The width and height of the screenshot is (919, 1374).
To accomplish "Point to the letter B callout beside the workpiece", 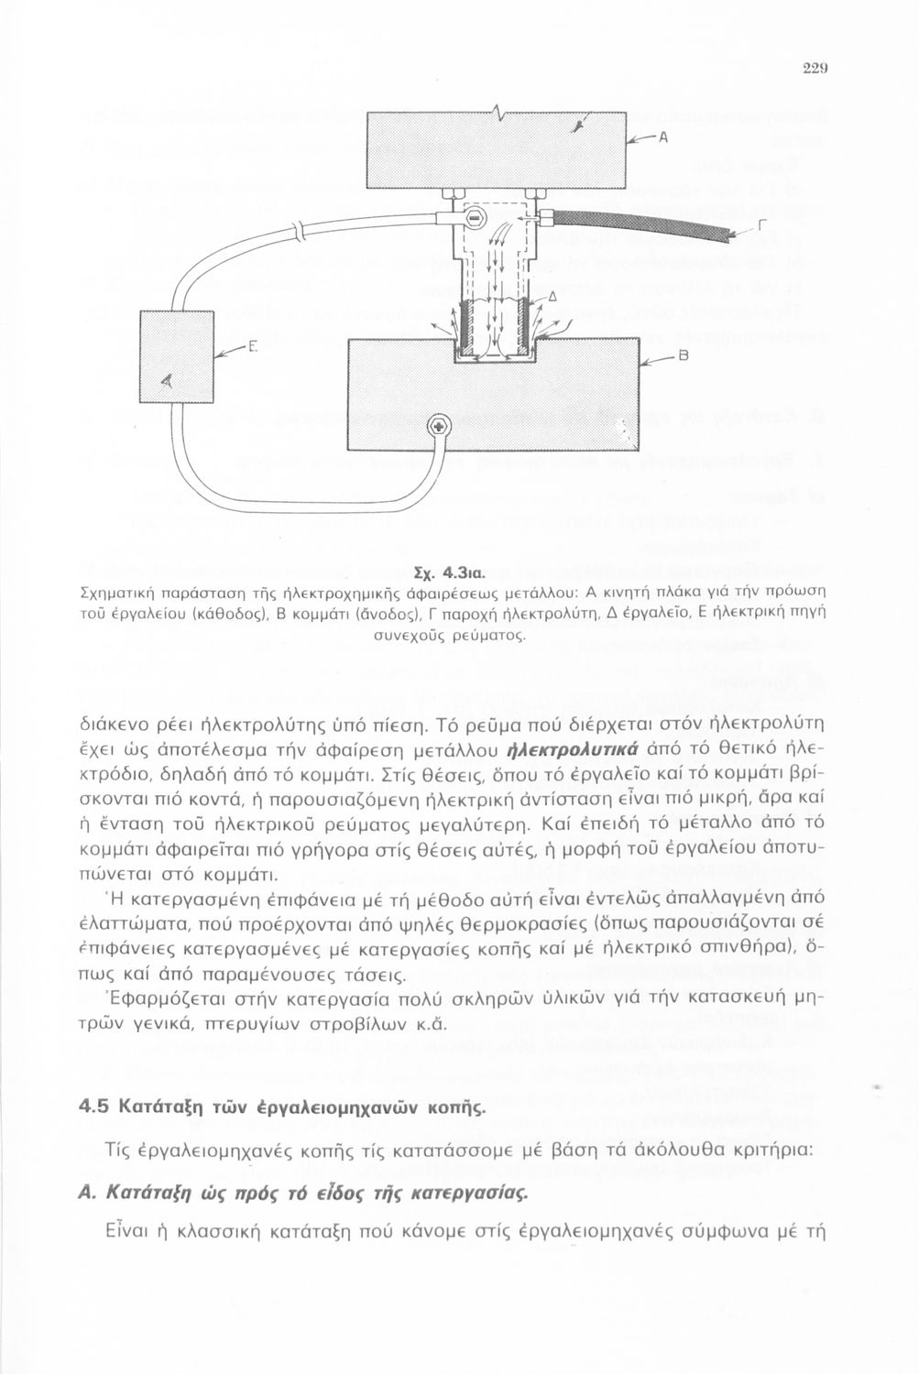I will tap(682, 356).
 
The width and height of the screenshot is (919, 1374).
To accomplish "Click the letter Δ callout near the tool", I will tap(552, 296).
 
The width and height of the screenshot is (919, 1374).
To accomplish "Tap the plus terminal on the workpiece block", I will tap(439, 428).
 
